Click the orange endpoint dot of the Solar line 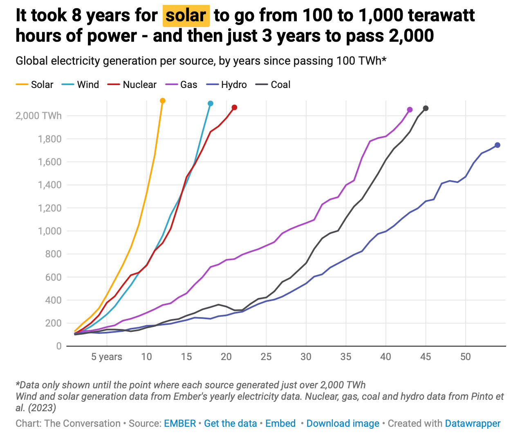pyautogui.click(x=163, y=101)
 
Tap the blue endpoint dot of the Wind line pyautogui.click(x=211, y=104)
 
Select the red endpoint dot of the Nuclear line pyautogui.click(x=234, y=108)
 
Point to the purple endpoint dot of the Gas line pyautogui.click(x=410, y=110)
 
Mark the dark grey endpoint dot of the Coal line pyautogui.click(x=426, y=108)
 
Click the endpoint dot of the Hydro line pyautogui.click(x=498, y=145)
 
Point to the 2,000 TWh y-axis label pyautogui.click(x=38, y=116)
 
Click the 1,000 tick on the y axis pyautogui.click(x=49, y=231)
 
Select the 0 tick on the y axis pyautogui.click(x=59, y=346)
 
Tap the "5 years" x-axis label pyautogui.click(x=107, y=357)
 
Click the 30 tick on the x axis pyautogui.click(x=306, y=357)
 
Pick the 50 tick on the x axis pyautogui.click(x=465, y=357)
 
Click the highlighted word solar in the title pyautogui.click(x=186, y=16)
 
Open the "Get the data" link pyautogui.click(x=230, y=423)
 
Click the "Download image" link pyautogui.click(x=343, y=423)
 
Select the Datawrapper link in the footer pyautogui.click(x=473, y=423)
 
